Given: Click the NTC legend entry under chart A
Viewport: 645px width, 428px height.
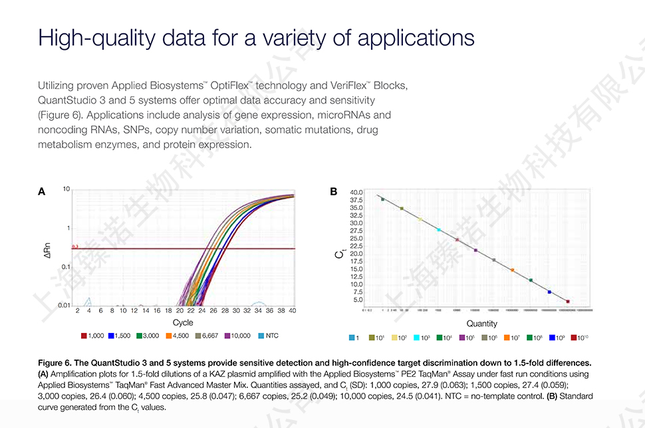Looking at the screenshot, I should coord(267,336).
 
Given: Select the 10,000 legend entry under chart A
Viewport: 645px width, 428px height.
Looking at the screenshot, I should coord(237,336).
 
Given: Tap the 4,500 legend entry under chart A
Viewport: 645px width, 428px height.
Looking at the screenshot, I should coord(178,336).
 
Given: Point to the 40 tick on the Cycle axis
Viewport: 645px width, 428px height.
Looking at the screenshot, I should coord(292,310).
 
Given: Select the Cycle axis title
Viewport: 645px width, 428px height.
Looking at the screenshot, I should coord(183,322).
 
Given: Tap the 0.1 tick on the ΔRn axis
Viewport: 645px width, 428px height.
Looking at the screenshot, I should coord(65,267).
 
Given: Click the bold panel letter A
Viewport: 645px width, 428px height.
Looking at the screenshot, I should coord(41,192).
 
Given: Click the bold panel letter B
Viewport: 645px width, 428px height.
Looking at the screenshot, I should coord(334,192).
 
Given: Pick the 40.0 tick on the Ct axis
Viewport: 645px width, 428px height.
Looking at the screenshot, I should coord(356,193).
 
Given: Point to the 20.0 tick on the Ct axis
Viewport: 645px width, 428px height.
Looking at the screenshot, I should coord(356,254).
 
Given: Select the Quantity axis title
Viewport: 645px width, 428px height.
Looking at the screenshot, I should coord(481,324).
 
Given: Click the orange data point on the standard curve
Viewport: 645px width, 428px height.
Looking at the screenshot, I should coord(512,270).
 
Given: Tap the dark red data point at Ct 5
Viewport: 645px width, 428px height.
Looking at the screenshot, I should coord(568,301).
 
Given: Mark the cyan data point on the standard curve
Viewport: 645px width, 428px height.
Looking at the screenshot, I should coord(439,230).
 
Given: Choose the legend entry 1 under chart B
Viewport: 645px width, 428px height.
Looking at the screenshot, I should coord(354,338).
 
